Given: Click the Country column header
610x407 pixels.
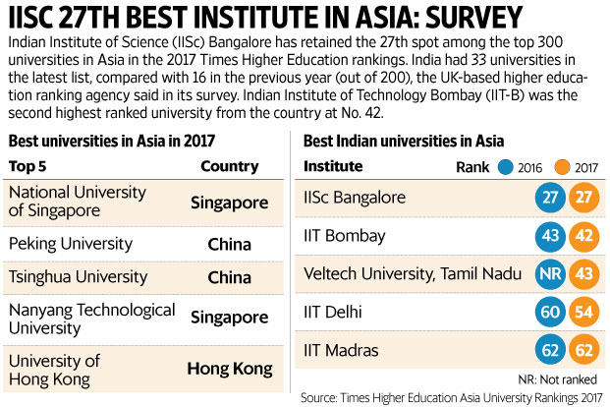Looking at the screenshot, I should [x=229, y=165].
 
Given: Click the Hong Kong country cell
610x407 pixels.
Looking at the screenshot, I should [x=229, y=369].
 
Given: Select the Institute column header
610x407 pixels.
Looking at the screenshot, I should [x=334, y=165].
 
